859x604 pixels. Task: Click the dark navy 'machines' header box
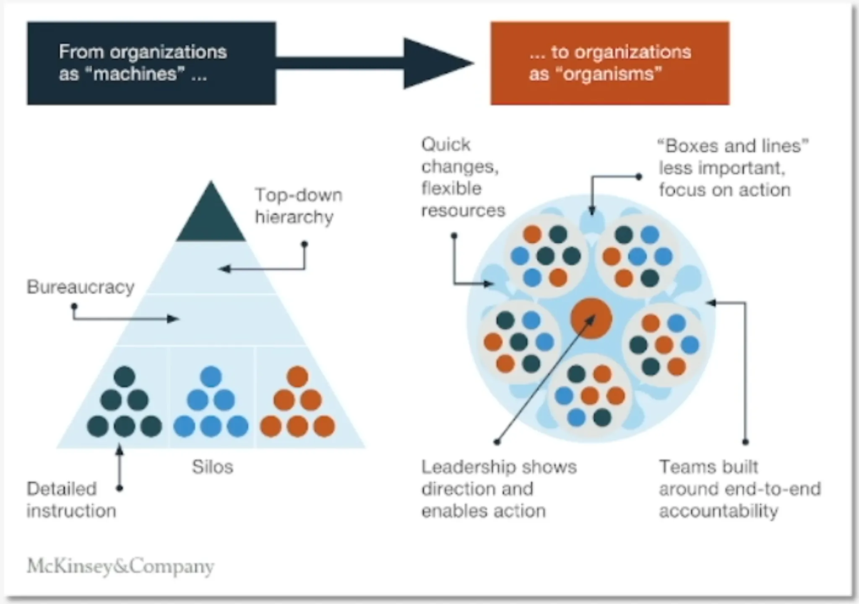151,63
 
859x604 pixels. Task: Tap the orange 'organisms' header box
610,63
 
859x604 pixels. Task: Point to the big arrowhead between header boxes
436,63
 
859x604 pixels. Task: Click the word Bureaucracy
81,287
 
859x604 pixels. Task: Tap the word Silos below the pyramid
212,467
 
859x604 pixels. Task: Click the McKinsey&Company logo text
120,566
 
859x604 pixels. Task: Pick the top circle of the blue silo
211,376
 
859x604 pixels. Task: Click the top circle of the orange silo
297,376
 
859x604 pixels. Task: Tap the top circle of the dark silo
125,376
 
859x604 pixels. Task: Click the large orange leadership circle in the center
591,318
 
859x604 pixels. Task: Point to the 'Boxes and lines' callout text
732,168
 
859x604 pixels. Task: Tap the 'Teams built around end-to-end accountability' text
739,489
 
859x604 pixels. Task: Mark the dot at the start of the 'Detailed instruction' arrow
120,488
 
